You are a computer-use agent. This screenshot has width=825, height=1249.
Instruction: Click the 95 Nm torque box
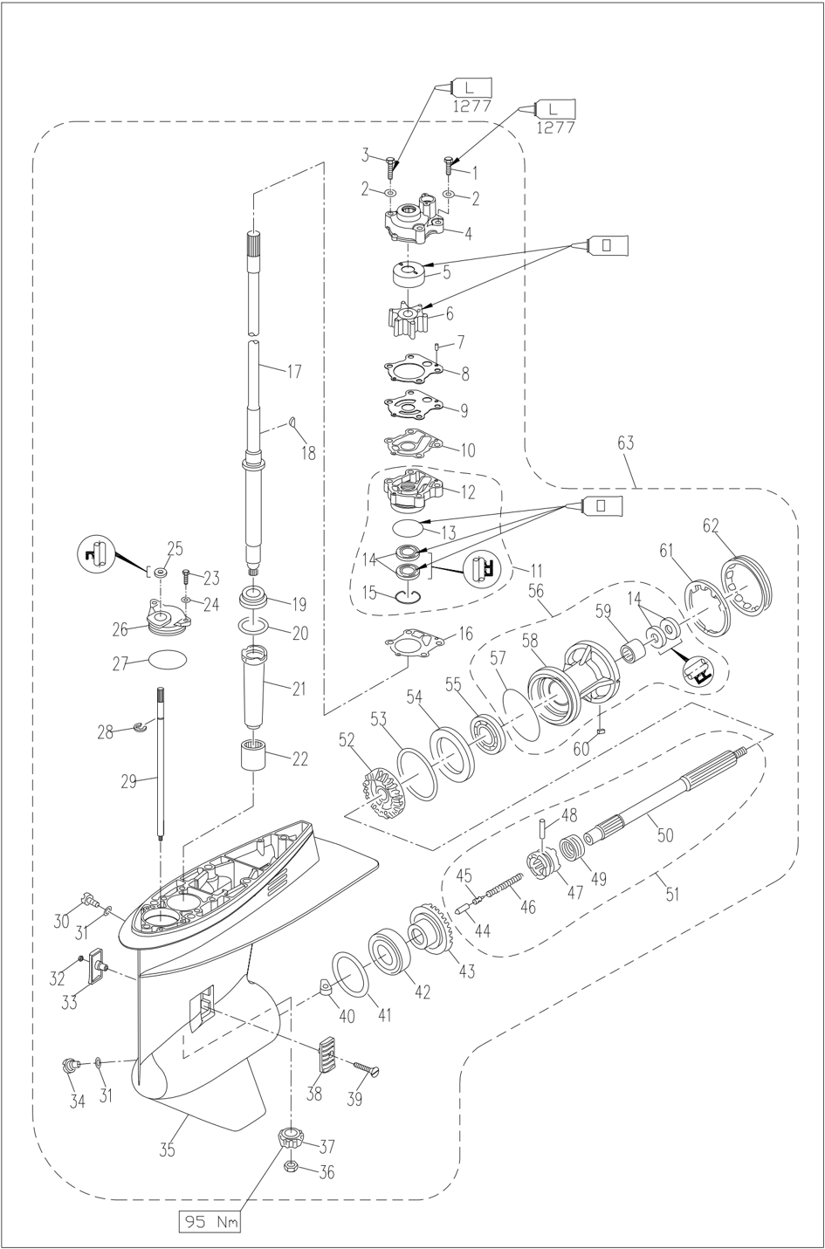210,1222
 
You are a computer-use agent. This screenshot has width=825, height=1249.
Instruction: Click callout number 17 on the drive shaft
294,371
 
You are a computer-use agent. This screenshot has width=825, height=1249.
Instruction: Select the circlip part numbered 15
406,596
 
